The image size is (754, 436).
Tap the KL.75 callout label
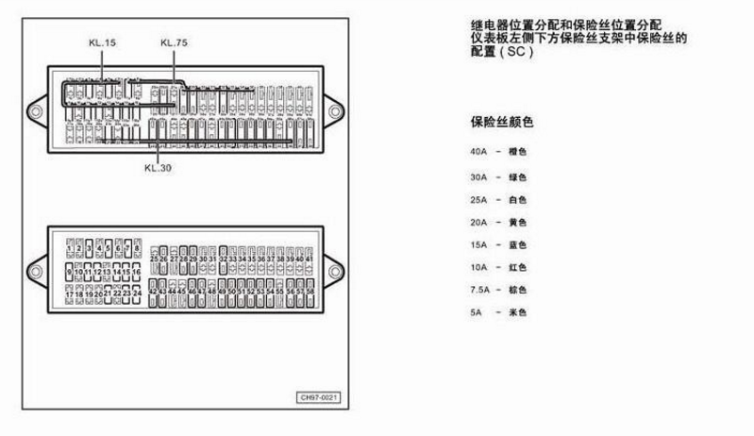point(174,42)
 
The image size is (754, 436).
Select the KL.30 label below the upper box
point(158,168)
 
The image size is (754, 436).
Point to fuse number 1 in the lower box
point(70,248)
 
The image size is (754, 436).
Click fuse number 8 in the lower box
point(137,248)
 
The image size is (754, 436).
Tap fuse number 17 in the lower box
point(70,295)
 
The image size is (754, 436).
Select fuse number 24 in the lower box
point(137,295)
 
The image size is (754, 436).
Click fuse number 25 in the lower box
point(154,258)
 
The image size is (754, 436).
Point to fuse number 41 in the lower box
point(310,258)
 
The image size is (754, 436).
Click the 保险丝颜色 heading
point(501,122)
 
